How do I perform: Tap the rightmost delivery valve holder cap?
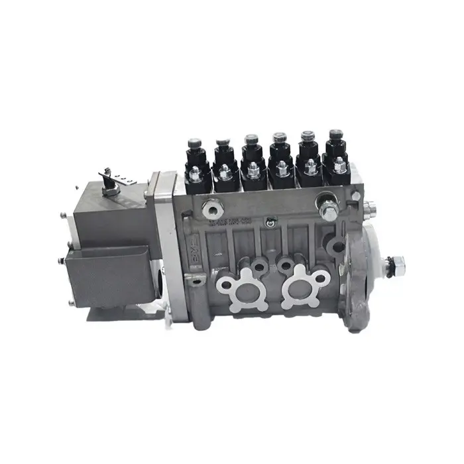(336, 137)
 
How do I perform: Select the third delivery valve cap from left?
(251, 142)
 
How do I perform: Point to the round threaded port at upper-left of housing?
(211, 211)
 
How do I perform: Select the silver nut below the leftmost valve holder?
(196, 174)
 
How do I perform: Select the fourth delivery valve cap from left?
(279, 140)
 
